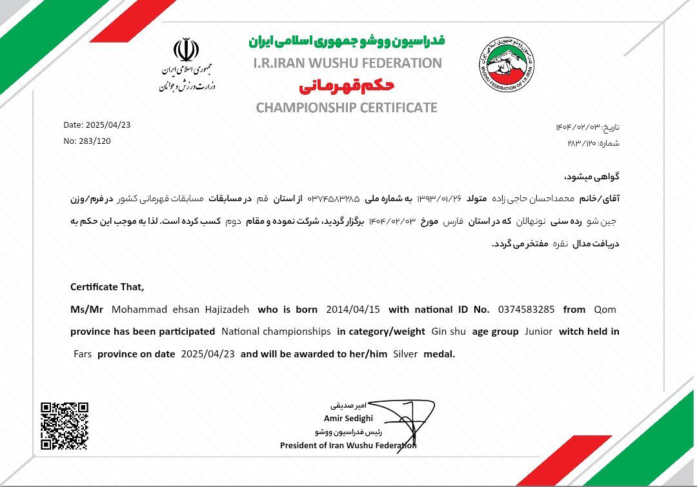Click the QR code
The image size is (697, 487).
(x=65, y=425)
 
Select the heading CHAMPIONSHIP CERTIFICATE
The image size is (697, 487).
(x=347, y=108)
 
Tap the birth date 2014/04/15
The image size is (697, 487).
(x=352, y=309)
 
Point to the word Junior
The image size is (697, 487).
(x=539, y=332)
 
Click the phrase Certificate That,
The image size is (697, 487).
(x=108, y=286)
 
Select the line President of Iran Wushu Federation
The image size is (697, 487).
(x=348, y=445)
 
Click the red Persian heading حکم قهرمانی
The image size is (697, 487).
(x=347, y=86)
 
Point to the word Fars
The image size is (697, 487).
(x=82, y=353)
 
